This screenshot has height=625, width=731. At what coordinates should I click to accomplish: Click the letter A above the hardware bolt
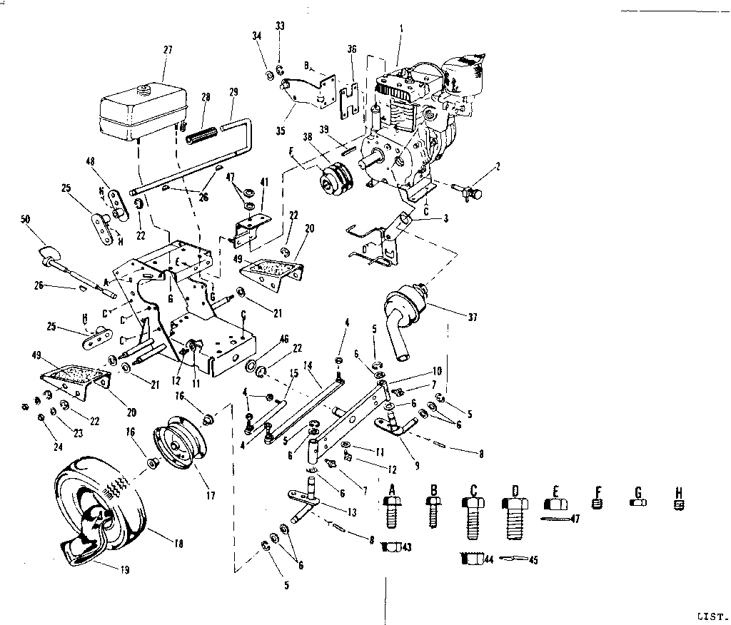[x=390, y=489]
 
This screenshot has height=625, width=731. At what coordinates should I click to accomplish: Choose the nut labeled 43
[x=389, y=547]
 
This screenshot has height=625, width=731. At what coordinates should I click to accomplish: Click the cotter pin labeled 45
[x=512, y=559]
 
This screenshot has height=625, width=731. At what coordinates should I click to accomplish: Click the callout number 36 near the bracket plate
[x=352, y=49]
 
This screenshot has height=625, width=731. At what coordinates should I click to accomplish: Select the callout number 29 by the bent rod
[x=233, y=91]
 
